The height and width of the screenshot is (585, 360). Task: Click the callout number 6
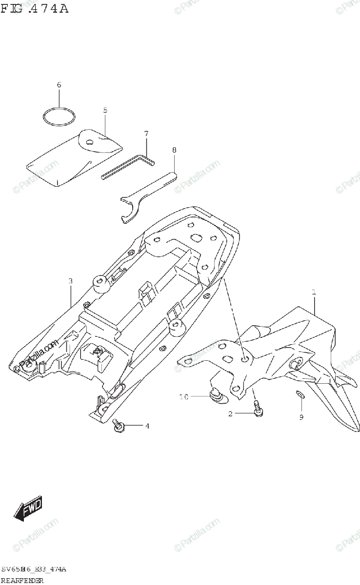59,85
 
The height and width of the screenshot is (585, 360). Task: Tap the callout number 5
105,110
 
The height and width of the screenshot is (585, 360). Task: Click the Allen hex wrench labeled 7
128,165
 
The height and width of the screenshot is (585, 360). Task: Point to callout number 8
174,150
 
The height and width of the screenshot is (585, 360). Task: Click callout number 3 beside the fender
71,281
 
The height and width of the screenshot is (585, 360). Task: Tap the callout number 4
147,426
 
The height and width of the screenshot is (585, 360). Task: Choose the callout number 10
183,397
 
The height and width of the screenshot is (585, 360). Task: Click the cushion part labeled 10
217,395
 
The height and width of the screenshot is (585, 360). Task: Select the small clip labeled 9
300,394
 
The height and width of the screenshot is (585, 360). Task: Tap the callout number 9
301,417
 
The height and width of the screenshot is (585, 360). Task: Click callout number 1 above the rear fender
314,292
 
